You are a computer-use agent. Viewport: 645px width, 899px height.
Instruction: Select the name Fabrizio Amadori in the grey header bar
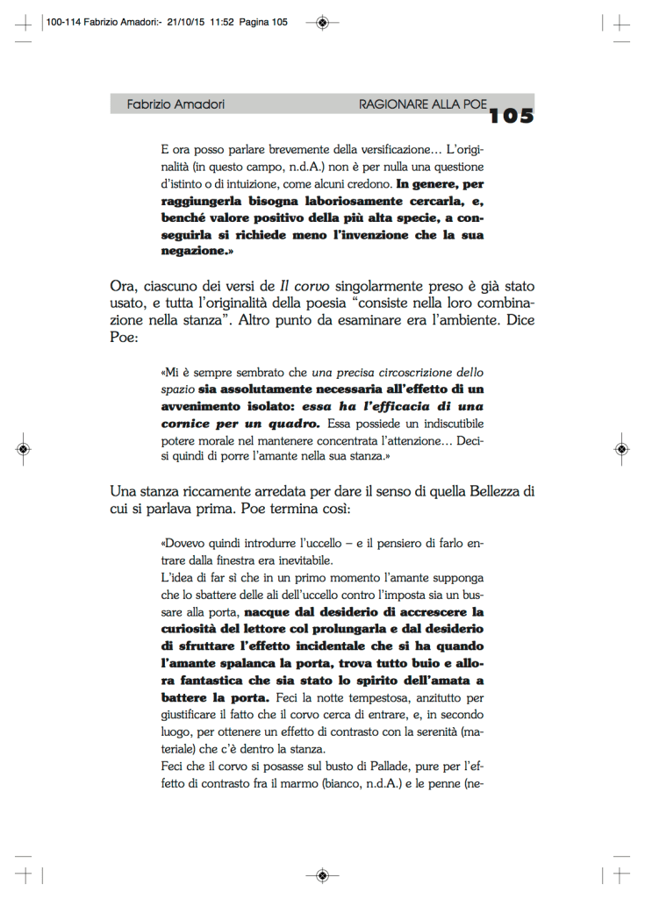(176, 104)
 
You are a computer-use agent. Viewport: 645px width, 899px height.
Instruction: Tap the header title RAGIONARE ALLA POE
(422, 104)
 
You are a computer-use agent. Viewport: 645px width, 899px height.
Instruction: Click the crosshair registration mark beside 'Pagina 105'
(323, 22)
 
